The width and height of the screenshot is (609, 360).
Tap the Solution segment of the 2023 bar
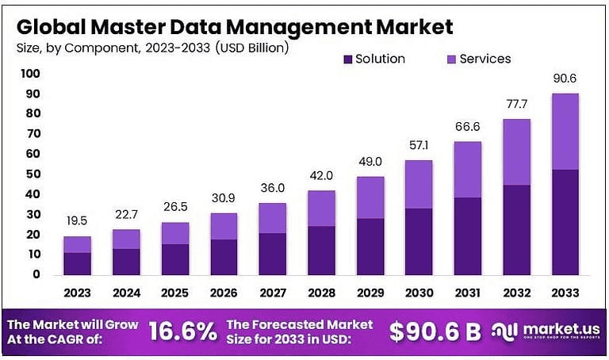77,263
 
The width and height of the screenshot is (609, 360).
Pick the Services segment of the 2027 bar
273,218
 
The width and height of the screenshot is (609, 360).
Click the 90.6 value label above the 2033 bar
565,79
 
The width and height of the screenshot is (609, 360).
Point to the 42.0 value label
321,176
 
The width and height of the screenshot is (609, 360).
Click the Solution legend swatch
347,59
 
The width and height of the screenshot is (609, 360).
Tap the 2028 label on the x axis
321,293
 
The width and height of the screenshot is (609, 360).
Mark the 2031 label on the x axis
468,293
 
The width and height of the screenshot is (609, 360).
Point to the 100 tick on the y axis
30,74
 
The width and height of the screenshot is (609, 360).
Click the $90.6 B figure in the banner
435,332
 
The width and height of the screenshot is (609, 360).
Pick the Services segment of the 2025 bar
174,233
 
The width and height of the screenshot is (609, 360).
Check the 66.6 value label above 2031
468,128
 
